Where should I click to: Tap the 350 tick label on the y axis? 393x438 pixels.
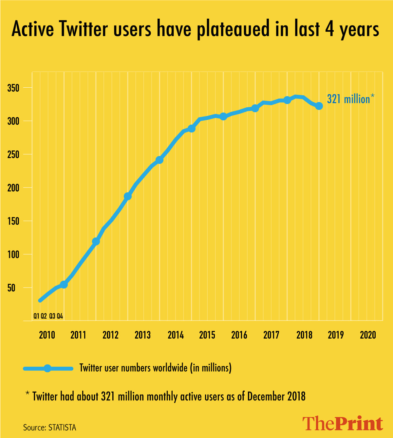tap(13, 88)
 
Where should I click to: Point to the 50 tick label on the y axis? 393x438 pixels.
tap(11, 288)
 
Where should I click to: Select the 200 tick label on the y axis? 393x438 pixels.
tap(13, 188)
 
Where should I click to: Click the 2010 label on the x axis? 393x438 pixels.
tap(47, 335)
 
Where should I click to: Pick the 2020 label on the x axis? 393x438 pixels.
tap(368, 335)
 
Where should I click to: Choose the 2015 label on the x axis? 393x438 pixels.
tap(207, 335)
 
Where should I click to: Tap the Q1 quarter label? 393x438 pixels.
tap(36, 316)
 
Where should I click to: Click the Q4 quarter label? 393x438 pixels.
tap(60, 316)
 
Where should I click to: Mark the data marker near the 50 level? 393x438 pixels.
tap(64, 284)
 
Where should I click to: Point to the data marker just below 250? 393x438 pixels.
tap(159, 160)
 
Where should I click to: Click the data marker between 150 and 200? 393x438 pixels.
tap(128, 196)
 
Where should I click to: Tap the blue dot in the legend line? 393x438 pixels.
tap(47, 368)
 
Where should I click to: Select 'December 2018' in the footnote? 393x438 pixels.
tap(276, 396)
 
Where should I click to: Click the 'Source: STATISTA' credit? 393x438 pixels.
tap(49, 428)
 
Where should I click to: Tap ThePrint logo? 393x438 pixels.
tap(342, 424)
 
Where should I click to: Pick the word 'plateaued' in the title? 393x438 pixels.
tap(233, 29)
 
